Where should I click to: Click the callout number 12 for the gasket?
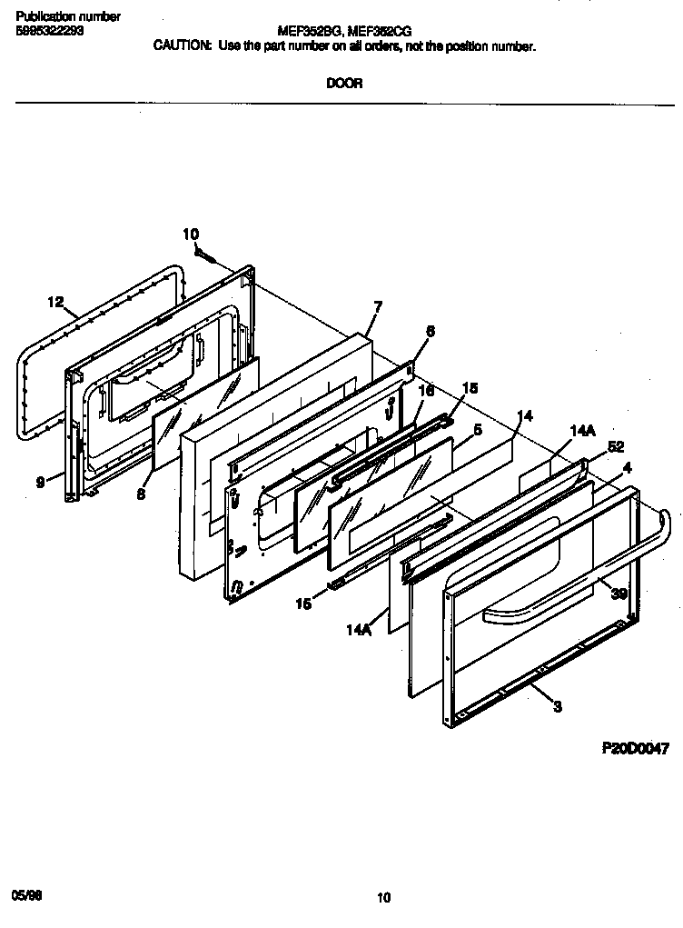(x=55, y=303)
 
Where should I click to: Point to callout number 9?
(x=41, y=484)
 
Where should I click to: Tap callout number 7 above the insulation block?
(x=377, y=307)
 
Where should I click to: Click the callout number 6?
(x=430, y=333)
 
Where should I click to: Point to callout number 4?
(x=626, y=468)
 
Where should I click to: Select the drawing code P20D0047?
(x=635, y=750)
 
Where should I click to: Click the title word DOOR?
(x=344, y=84)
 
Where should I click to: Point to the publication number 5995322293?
(x=48, y=30)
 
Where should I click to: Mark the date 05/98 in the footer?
(x=27, y=895)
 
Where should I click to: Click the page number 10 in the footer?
(x=383, y=899)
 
